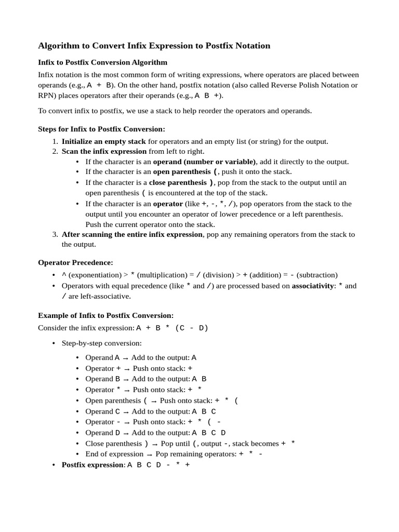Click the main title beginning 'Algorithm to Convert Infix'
(154, 46)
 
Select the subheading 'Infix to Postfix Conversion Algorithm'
(103, 62)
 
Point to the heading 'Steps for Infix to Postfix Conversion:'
(102, 129)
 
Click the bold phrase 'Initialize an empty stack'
(103, 141)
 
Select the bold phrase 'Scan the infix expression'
(104, 151)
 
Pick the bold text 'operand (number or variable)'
(204, 162)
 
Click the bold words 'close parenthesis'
(178, 182)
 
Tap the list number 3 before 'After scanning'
(55, 234)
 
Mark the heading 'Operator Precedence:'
(76, 262)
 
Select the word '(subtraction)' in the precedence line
(317, 275)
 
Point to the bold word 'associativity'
(313, 286)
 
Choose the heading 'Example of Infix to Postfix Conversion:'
(106, 315)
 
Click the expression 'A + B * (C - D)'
(172, 328)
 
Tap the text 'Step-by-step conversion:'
(101, 343)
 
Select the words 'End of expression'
(114, 454)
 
